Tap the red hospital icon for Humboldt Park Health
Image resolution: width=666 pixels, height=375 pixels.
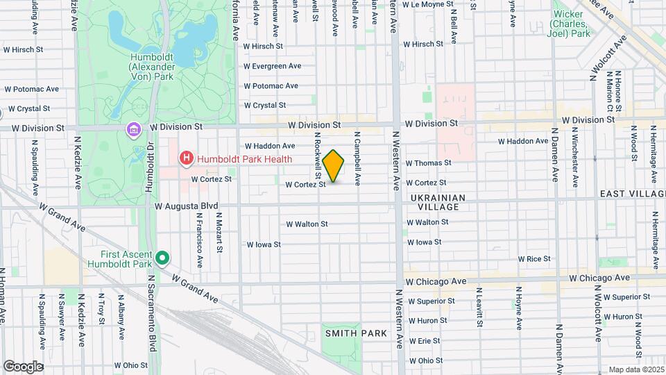click(x=185, y=159)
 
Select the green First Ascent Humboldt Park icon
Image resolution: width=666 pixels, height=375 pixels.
click(x=162, y=259)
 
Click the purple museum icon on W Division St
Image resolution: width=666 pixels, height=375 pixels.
click(x=133, y=130)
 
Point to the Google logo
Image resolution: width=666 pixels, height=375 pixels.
click(x=23, y=366)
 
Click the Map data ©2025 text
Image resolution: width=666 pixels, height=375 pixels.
click(x=635, y=369)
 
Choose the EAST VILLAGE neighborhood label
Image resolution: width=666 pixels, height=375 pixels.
click(x=631, y=193)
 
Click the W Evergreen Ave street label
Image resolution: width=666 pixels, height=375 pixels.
click(x=272, y=66)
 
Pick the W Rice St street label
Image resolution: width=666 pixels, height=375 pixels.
click(x=534, y=259)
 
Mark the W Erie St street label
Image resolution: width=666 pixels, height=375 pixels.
click(x=425, y=341)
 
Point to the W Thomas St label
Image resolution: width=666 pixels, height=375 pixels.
click(x=428, y=163)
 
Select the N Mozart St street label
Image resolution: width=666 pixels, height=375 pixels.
click(x=219, y=233)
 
